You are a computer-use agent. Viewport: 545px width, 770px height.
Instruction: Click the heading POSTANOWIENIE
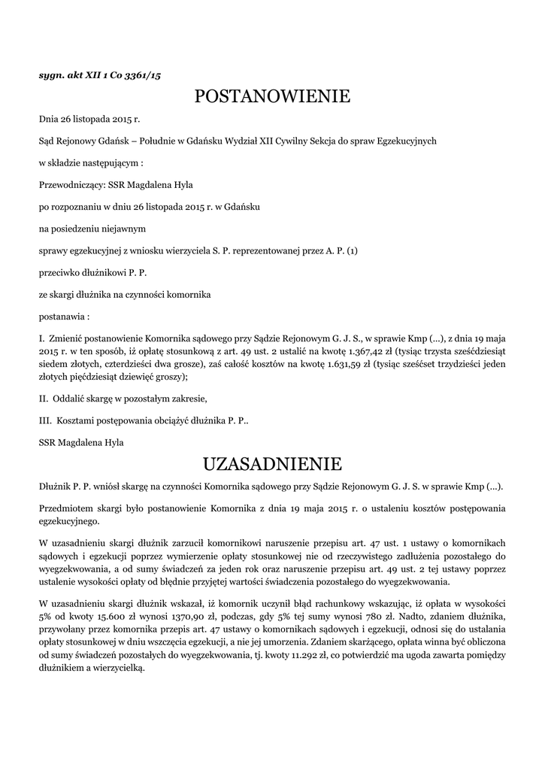(272, 96)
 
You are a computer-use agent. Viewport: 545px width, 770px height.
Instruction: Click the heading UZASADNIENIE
(272, 462)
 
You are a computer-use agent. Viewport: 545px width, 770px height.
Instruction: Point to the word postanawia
(62, 315)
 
